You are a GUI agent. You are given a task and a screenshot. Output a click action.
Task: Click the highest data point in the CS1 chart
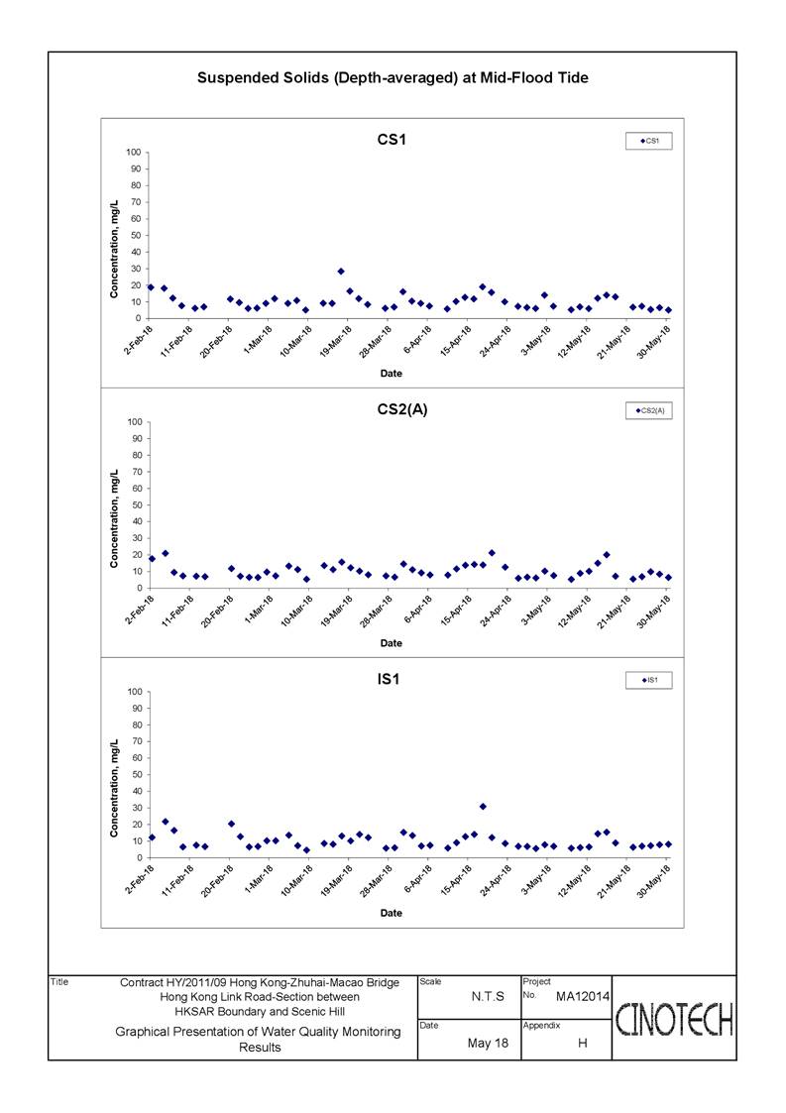coord(341,272)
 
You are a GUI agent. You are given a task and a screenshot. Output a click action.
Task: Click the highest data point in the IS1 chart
coord(483,807)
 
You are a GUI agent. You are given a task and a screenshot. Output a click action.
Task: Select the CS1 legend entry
coord(649,142)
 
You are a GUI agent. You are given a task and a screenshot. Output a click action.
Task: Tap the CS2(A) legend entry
coord(649,411)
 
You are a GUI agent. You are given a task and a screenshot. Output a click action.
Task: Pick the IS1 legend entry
coord(649,681)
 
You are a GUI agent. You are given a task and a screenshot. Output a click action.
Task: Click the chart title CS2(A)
coord(401,409)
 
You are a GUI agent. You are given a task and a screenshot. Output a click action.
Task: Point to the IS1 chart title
coord(389,679)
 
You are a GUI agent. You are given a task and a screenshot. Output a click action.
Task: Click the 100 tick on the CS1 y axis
coord(134,152)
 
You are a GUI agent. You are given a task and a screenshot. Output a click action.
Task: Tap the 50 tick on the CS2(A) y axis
coord(136,504)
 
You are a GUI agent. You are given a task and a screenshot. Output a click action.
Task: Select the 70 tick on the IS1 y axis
coord(136,741)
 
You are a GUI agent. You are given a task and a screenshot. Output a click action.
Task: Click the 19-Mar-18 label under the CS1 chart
coord(336,341)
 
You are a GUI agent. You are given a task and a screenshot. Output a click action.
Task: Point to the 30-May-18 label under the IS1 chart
coord(653,882)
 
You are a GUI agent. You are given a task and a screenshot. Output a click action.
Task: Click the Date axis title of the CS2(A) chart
coord(392,643)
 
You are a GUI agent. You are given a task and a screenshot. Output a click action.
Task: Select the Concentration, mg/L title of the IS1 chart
coord(114,787)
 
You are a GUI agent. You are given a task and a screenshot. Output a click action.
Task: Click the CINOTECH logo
coord(674,1019)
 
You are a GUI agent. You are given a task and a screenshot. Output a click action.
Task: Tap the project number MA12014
coord(582,997)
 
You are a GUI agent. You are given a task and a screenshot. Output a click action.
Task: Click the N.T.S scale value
coord(488,997)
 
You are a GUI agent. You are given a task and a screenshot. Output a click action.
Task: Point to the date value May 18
coord(488,1043)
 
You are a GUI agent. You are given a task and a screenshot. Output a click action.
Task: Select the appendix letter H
coord(582,1043)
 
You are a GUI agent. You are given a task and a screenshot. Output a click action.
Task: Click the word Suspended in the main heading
coord(232,78)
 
